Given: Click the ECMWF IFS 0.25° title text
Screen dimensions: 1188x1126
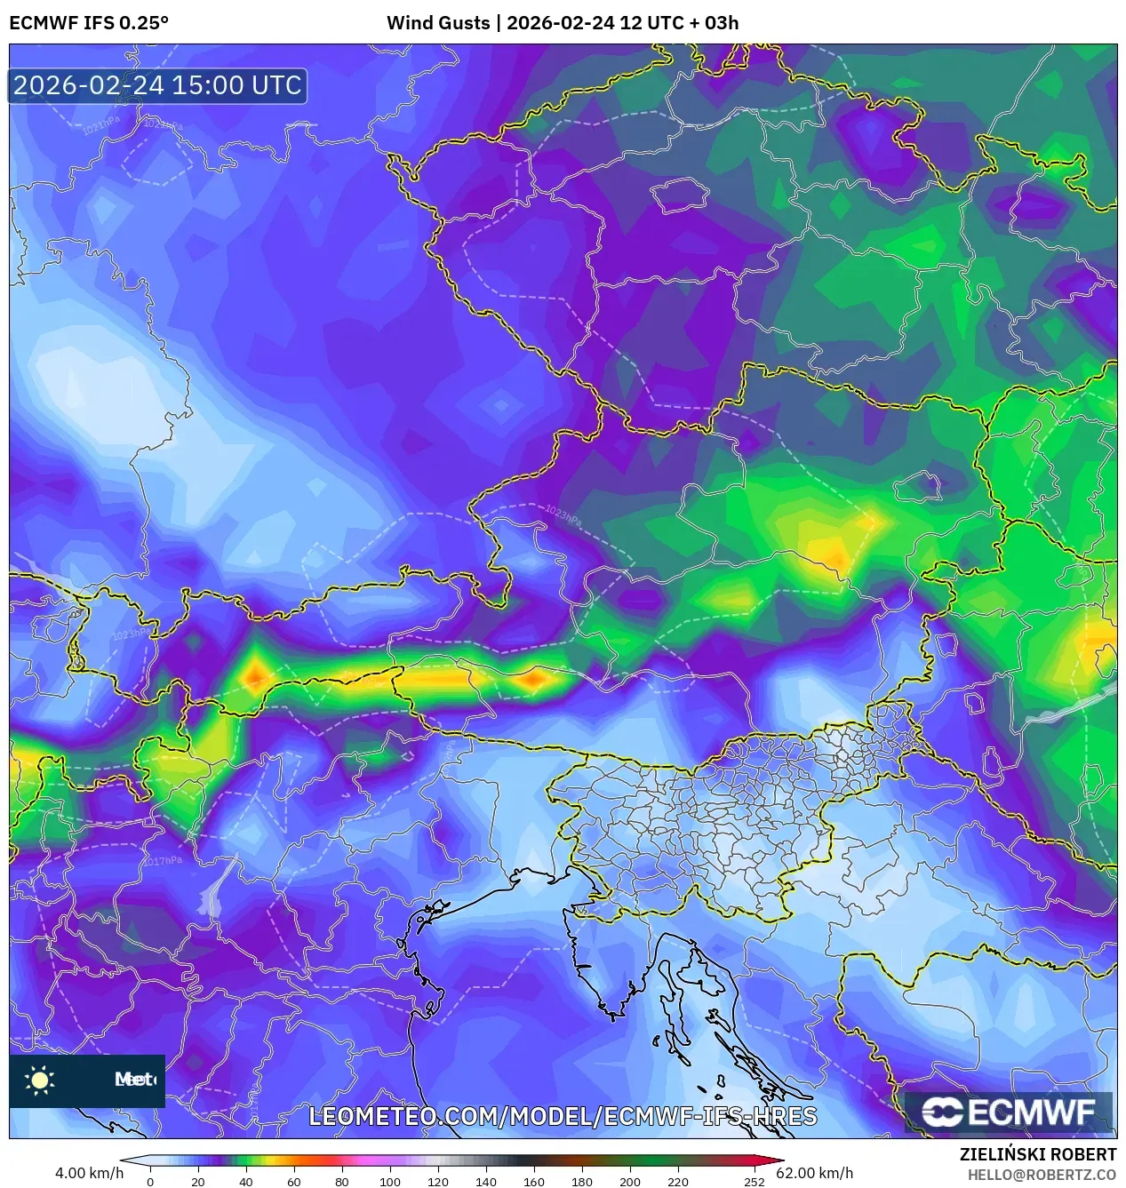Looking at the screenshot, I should tap(89, 23).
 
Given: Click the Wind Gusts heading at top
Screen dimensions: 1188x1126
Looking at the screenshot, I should tap(437, 23).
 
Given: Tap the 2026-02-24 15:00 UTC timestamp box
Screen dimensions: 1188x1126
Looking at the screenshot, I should tap(157, 85).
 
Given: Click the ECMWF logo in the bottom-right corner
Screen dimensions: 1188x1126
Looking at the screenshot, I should tap(1009, 1112).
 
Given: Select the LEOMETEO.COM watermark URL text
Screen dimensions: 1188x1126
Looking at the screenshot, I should tap(562, 1116).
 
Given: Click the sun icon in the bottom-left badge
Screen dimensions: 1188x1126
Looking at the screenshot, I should tap(40, 1080).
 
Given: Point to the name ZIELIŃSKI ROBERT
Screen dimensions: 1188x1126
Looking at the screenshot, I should tap(1037, 1154).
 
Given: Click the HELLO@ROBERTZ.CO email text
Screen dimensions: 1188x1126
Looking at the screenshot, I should tap(1042, 1175).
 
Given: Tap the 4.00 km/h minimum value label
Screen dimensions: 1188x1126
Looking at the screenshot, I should tap(89, 1173).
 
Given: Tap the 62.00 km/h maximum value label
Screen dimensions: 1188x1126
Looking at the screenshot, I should tap(814, 1173).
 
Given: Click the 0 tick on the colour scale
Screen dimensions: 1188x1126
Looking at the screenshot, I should tap(150, 1182).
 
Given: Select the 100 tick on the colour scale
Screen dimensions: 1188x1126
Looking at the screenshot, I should tap(389, 1182).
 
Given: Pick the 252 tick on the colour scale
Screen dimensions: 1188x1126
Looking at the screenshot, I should tap(754, 1182).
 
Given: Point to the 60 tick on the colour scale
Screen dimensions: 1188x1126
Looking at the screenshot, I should tap(293, 1182).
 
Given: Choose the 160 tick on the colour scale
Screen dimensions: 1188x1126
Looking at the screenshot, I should tap(533, 1182).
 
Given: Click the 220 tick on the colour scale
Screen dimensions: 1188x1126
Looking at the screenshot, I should tap(677, 1182).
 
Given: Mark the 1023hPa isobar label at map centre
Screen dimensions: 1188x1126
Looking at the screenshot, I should tap(563, 515).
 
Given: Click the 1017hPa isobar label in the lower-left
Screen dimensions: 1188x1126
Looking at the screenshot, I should tap(163, 861).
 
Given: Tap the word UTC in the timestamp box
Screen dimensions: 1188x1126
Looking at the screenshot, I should tap(276, 85).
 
